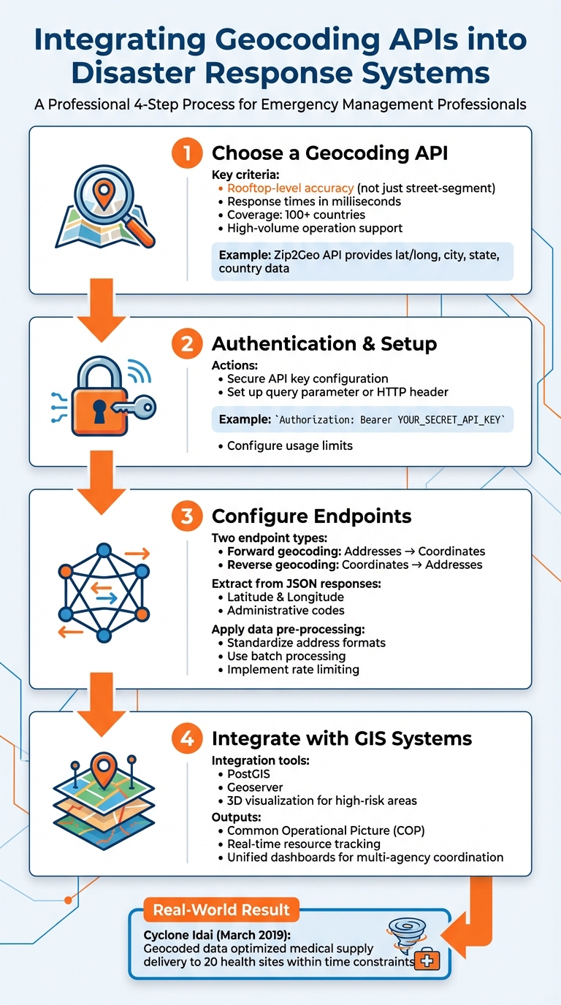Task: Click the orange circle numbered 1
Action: (187, 153)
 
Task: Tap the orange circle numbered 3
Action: (187, 516)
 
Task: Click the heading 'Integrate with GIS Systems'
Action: (342, 738)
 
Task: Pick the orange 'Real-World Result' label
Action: (221, 910)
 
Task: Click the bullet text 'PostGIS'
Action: (248, 774)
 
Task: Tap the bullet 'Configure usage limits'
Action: (289, 446)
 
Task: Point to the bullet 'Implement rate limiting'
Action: (293, 669)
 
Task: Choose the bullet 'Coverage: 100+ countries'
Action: (296, 215)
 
